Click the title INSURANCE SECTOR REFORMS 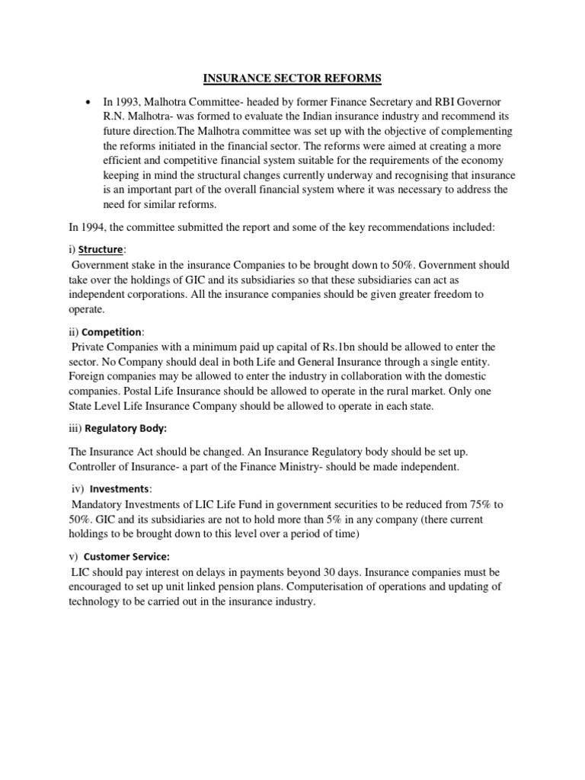click(292, 77)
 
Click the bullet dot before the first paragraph click(90, 102)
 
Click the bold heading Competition click(111, 332)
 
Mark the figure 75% click(484, 504)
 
